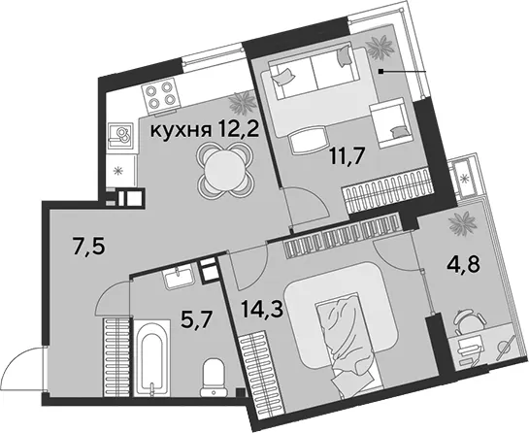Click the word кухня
coord(181,130)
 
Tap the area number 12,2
coord(238,129)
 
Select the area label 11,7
coord(347,156)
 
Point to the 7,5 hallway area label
coord(89,246)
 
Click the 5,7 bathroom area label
coord(196,321)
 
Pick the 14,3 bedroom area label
coord(262,310)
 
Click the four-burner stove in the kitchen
coord(159,96)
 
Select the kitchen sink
coord(120,136)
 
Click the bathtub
coord(151,358)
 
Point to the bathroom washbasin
coord(179,276)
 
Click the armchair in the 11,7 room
coord(392,123)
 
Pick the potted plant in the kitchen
coord(243,101)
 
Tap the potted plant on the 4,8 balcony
coord(463,223)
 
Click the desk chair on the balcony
coord(469,322)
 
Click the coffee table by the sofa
coord(309,142)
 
